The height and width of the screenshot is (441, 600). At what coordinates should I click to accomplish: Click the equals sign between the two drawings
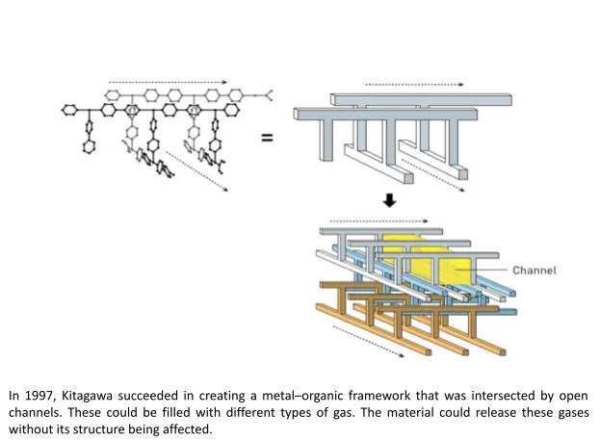tap(267, 138)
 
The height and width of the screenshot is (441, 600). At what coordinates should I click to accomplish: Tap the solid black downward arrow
tap(389, 201)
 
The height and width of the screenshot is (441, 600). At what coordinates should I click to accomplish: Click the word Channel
tap(534, 271)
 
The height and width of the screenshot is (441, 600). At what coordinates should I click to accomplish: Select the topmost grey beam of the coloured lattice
tap(385, 231)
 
